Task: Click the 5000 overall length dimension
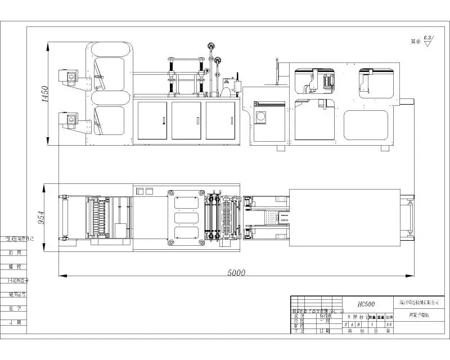tap(236, 273)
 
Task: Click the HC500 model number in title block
tap(366, 304)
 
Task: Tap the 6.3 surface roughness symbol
tap(427, 39)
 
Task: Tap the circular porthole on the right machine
tap(261, 118)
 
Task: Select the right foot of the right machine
tap(385, 148)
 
